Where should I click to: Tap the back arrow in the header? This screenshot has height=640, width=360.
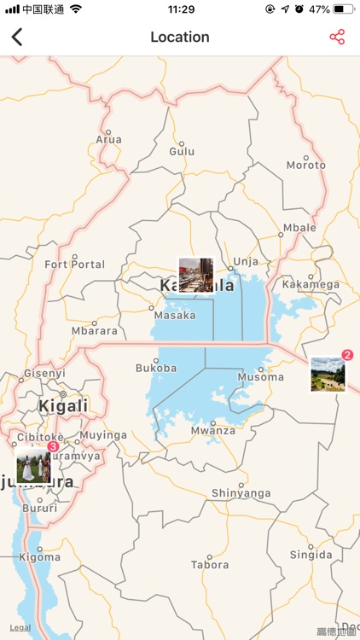pos(17,37)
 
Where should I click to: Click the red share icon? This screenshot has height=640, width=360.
pos(337,37)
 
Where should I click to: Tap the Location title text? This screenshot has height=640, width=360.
pos(180,37)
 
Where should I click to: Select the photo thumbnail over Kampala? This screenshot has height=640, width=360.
pos(195,275)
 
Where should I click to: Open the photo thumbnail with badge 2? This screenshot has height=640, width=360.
pos(328,374)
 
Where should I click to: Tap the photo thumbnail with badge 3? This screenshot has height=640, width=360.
pos(33,465)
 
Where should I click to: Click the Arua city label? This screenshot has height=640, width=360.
pos(108,139)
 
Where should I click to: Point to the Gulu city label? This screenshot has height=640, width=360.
pos(182,151)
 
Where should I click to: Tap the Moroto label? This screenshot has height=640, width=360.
pos(305,165)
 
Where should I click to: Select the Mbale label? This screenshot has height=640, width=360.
pos(299,228)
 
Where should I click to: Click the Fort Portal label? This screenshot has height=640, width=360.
pos(75,265)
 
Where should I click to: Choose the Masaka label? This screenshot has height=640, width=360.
pos(175,316)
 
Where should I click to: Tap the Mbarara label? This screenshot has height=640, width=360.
pos(94,331)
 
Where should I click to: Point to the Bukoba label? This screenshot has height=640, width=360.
pos(156,369)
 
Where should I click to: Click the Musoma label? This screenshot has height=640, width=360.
pos(260,377)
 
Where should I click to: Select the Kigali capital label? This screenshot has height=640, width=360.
pos(63,406)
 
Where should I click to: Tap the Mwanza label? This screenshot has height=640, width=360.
pos(213,431)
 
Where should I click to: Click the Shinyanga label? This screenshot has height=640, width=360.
pos(241,493)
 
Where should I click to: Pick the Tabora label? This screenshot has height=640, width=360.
pos(209,565)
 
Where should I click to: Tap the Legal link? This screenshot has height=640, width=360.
pos(20,628)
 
